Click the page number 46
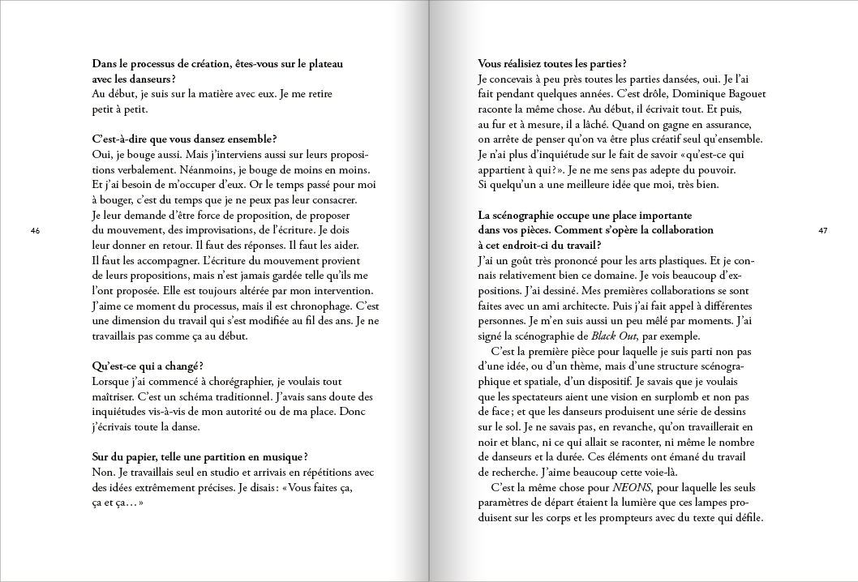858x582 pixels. pos(35,231)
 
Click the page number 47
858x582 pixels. pos(822,231)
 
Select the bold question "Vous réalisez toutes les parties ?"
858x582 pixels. pos(552,63)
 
